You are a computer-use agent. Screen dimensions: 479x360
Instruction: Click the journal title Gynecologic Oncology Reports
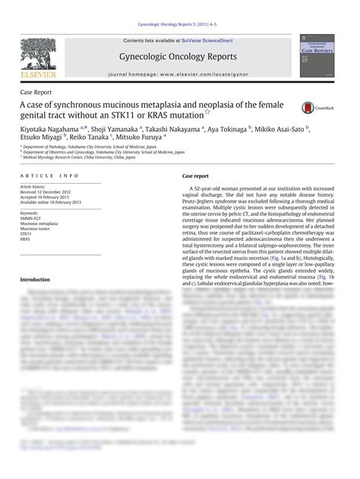[x=178, y=57]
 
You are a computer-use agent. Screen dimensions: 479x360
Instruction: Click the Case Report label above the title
[x=36, y=90]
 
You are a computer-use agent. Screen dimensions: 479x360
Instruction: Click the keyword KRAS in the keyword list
[x=27, y=241]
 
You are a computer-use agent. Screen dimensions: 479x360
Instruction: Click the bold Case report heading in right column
[x=197, y=175]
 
